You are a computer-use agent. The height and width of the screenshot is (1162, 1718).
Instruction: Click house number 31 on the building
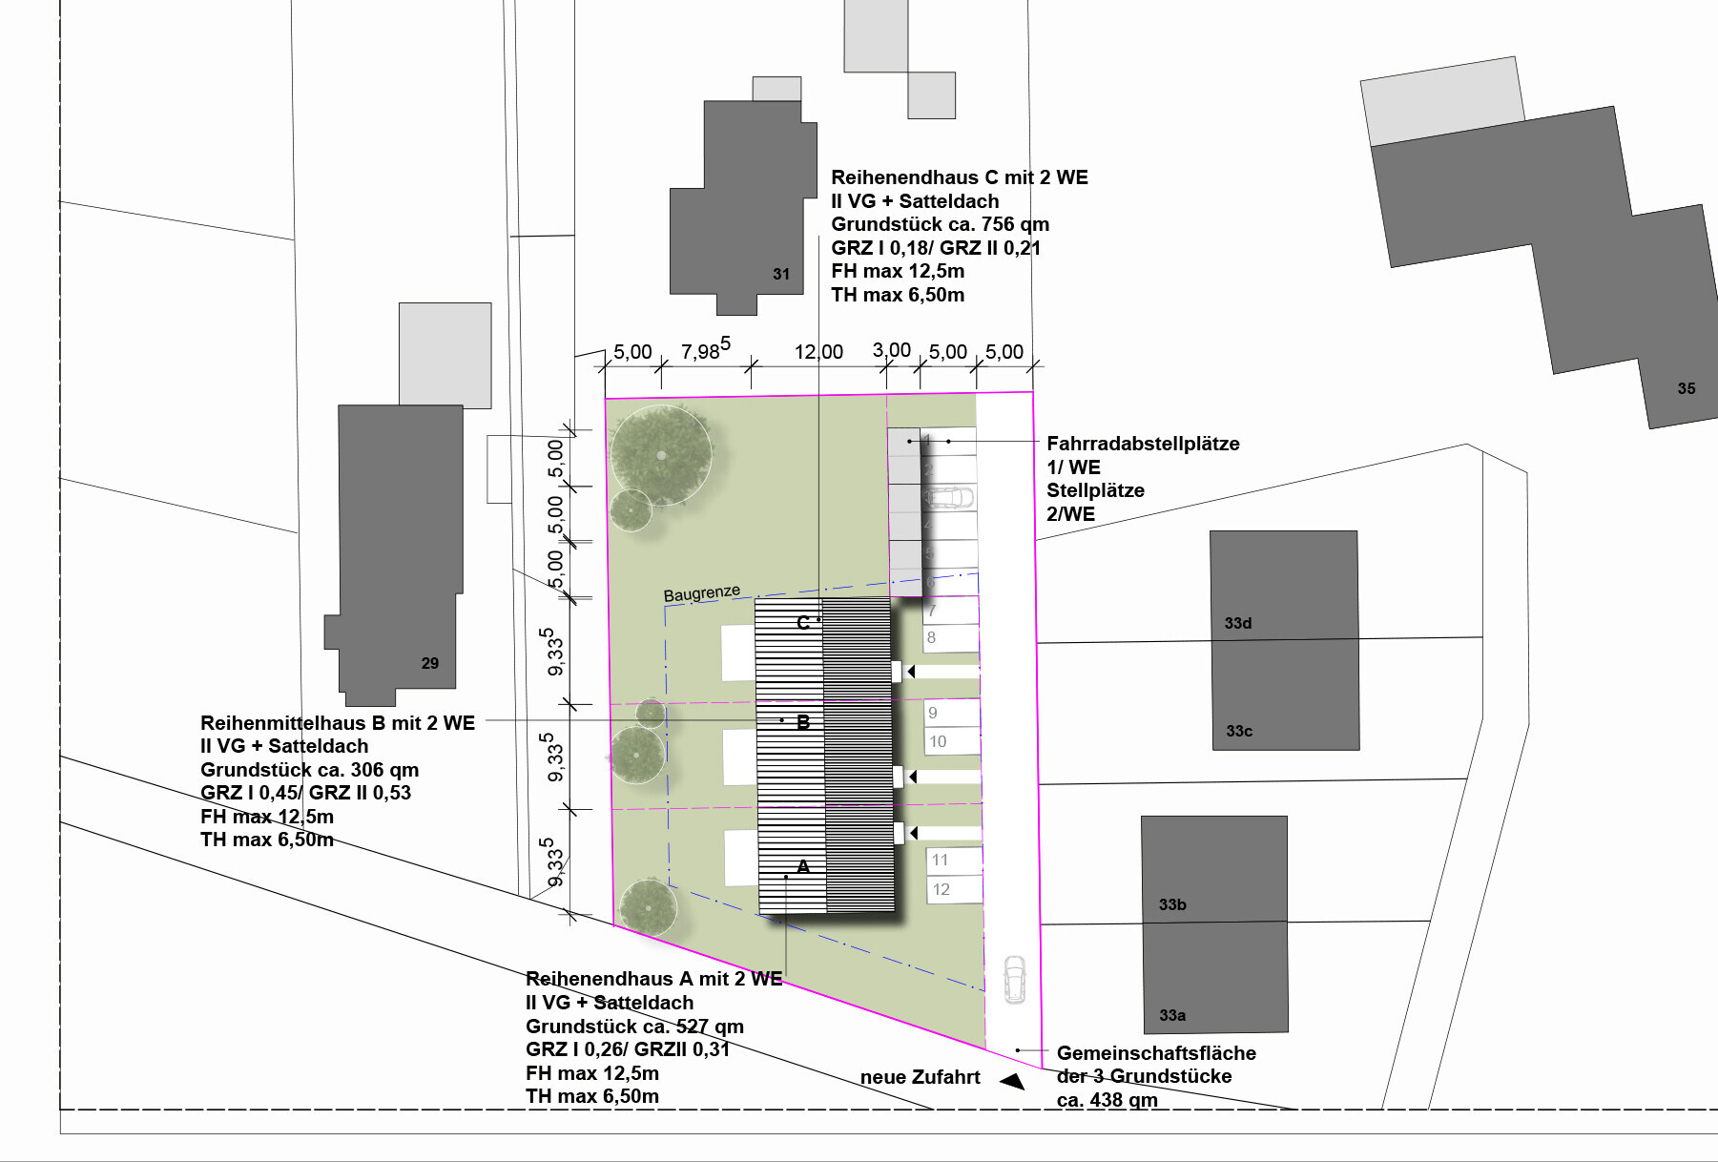[781, 274]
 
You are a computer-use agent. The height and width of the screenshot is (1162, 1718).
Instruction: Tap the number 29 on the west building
[430, 663]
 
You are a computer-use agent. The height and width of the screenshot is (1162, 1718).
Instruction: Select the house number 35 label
[1687, 388]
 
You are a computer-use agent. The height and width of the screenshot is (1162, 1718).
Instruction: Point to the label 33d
[1238, 623]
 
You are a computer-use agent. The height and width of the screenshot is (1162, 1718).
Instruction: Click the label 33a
[1172, 1015]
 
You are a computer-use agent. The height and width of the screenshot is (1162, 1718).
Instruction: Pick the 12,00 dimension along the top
[818, 352]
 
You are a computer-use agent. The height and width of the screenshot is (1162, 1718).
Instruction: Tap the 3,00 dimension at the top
[892, 350]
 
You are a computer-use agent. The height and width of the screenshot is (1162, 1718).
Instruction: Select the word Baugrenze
[702, 593]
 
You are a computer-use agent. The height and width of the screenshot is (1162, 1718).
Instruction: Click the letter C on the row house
[803, 622]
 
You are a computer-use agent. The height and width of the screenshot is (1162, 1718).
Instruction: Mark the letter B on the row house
[803, 722]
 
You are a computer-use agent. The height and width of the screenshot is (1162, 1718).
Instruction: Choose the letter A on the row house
[803, 866]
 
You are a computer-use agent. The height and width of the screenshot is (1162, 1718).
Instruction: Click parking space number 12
[942, 889]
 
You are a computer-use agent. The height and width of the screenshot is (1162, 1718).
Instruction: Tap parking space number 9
[933, 713]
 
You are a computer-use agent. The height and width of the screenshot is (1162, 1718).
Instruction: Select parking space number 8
[931, 637]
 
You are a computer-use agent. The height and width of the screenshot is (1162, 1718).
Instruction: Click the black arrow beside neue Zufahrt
[1012, 1081]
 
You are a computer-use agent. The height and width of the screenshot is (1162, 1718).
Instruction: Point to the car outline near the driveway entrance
[1014, 980]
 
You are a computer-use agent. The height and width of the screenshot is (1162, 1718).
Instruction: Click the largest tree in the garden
[661, 455]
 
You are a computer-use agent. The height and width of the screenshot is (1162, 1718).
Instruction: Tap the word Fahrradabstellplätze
[1143, 444]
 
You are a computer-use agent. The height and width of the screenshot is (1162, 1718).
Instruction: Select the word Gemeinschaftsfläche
[1156, 1053]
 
